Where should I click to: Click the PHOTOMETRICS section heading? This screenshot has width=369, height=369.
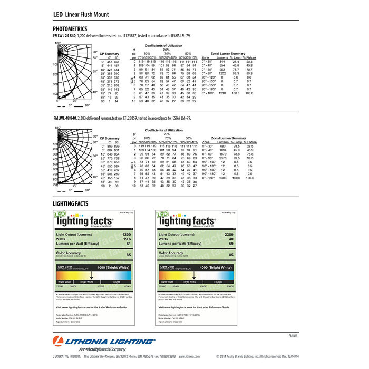point(73,28)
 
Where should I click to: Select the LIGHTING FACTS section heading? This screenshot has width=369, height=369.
point(74,203)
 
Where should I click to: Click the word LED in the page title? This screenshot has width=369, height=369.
point(58,14)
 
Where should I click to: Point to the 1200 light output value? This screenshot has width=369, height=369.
point(126,233)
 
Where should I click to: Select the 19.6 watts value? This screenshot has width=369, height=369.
point(127,238)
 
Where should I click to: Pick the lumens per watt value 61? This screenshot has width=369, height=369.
point(128,243)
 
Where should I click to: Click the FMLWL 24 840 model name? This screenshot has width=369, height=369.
point(65,35)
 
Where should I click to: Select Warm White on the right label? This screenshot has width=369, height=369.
point(168,282)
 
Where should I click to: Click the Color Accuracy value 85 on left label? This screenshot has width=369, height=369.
point(128,255)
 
